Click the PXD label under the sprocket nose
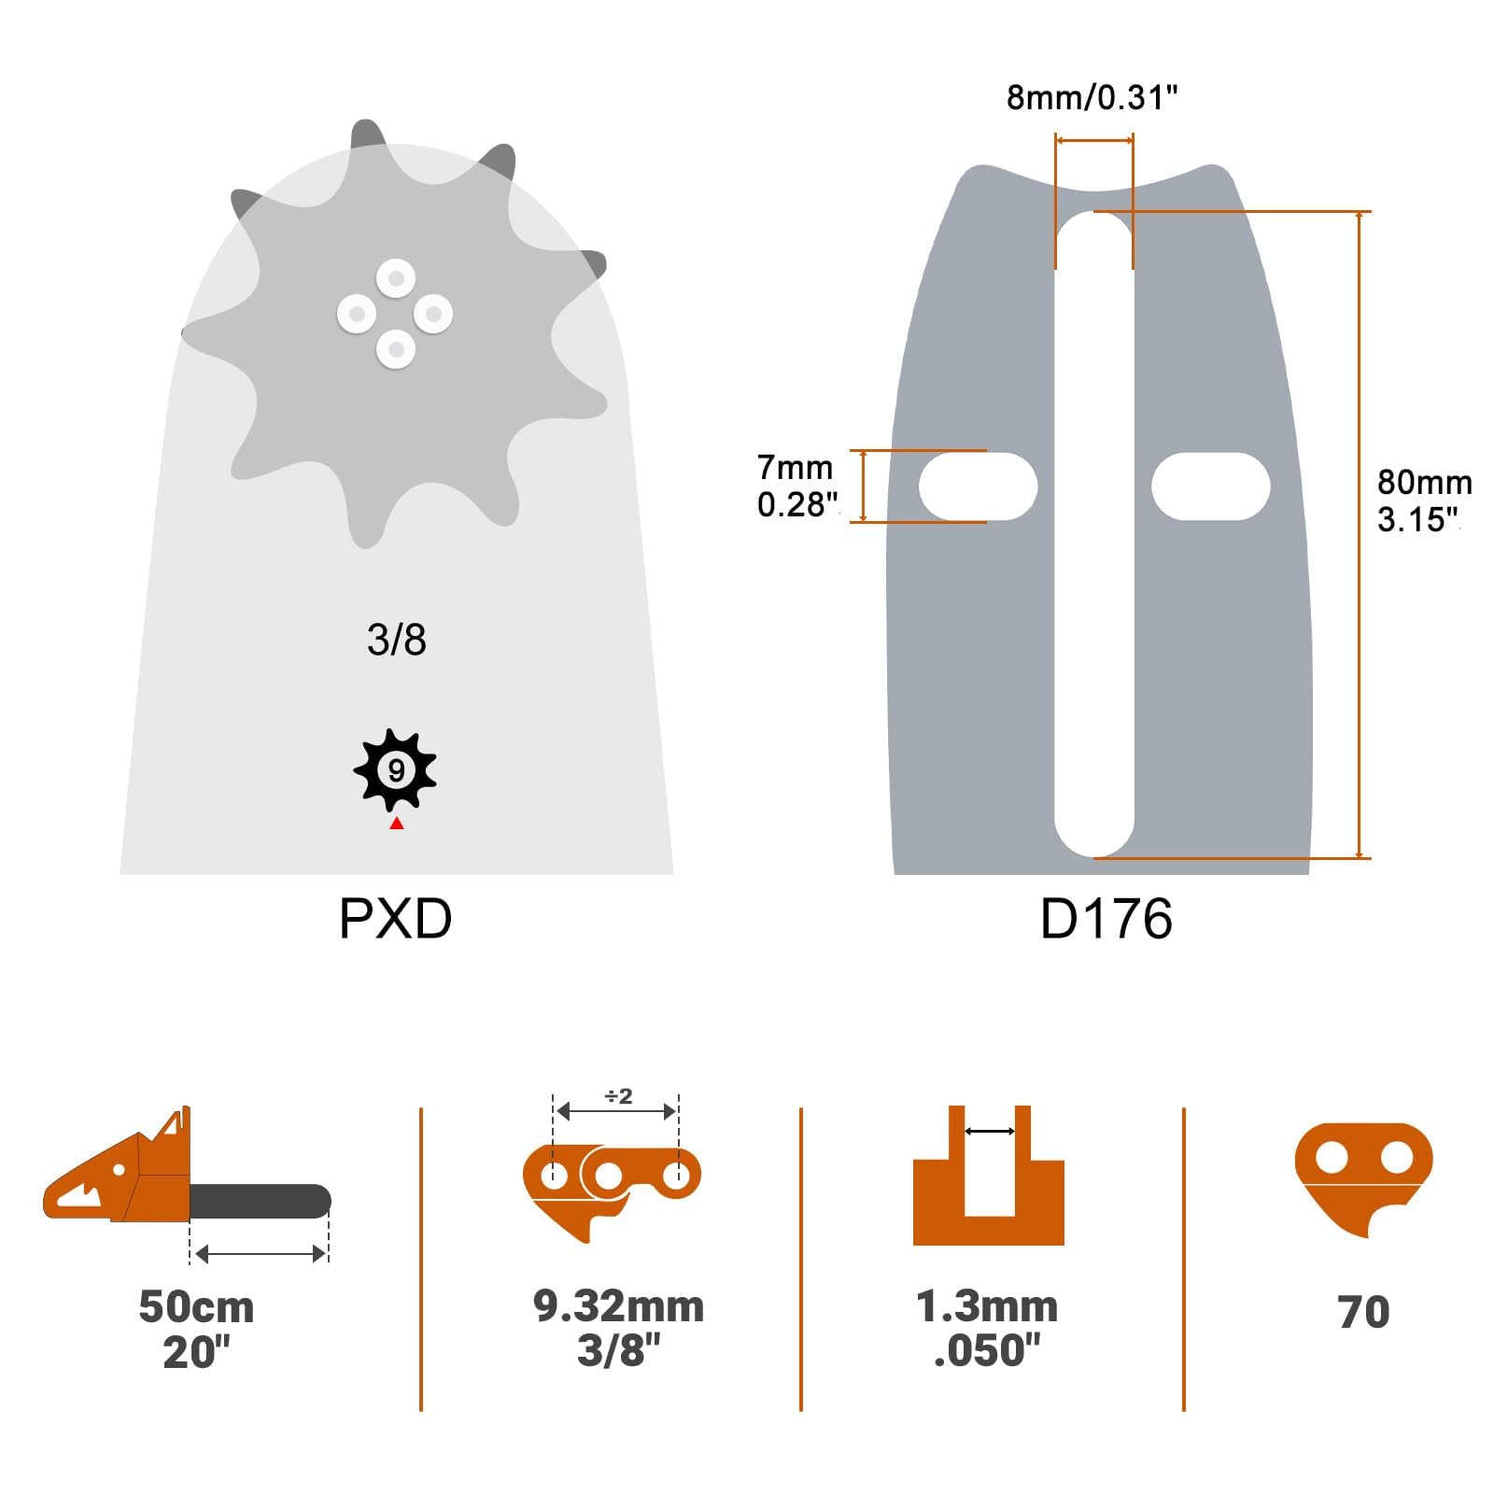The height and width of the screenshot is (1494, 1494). [x=395, y=919]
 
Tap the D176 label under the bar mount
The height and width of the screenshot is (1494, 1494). [x=1106, y=919]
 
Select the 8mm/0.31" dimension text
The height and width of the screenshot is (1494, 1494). [x=1092, y=98]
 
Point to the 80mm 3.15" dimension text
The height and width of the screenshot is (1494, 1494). [x=1424, y=500]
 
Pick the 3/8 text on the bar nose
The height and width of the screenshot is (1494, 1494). [x=397, y=641]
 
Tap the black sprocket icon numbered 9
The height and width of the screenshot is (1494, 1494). [x=396, y=770]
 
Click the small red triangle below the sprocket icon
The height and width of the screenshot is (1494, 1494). [x=397, y=823]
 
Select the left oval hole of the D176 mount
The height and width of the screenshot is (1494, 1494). [x=978, y=486]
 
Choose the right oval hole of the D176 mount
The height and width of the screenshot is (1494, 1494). [x=1210, y=486]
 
